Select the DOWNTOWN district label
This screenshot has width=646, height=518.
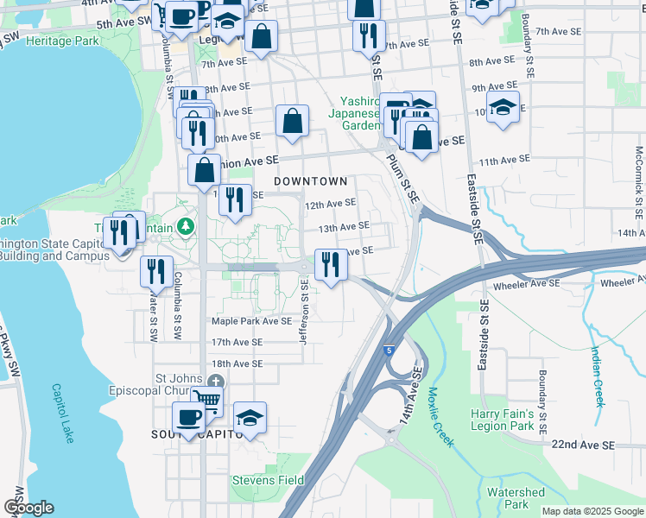[310, 181]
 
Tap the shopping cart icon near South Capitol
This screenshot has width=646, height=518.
[206, 400]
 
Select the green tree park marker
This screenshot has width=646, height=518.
[184, 227]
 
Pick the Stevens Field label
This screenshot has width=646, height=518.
[267, 480]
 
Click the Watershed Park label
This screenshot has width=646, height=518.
[516, 498]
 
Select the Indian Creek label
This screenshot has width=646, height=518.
[597, 375]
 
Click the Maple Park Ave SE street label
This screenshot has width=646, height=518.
[252, 321]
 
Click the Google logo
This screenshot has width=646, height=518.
[28, 509]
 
